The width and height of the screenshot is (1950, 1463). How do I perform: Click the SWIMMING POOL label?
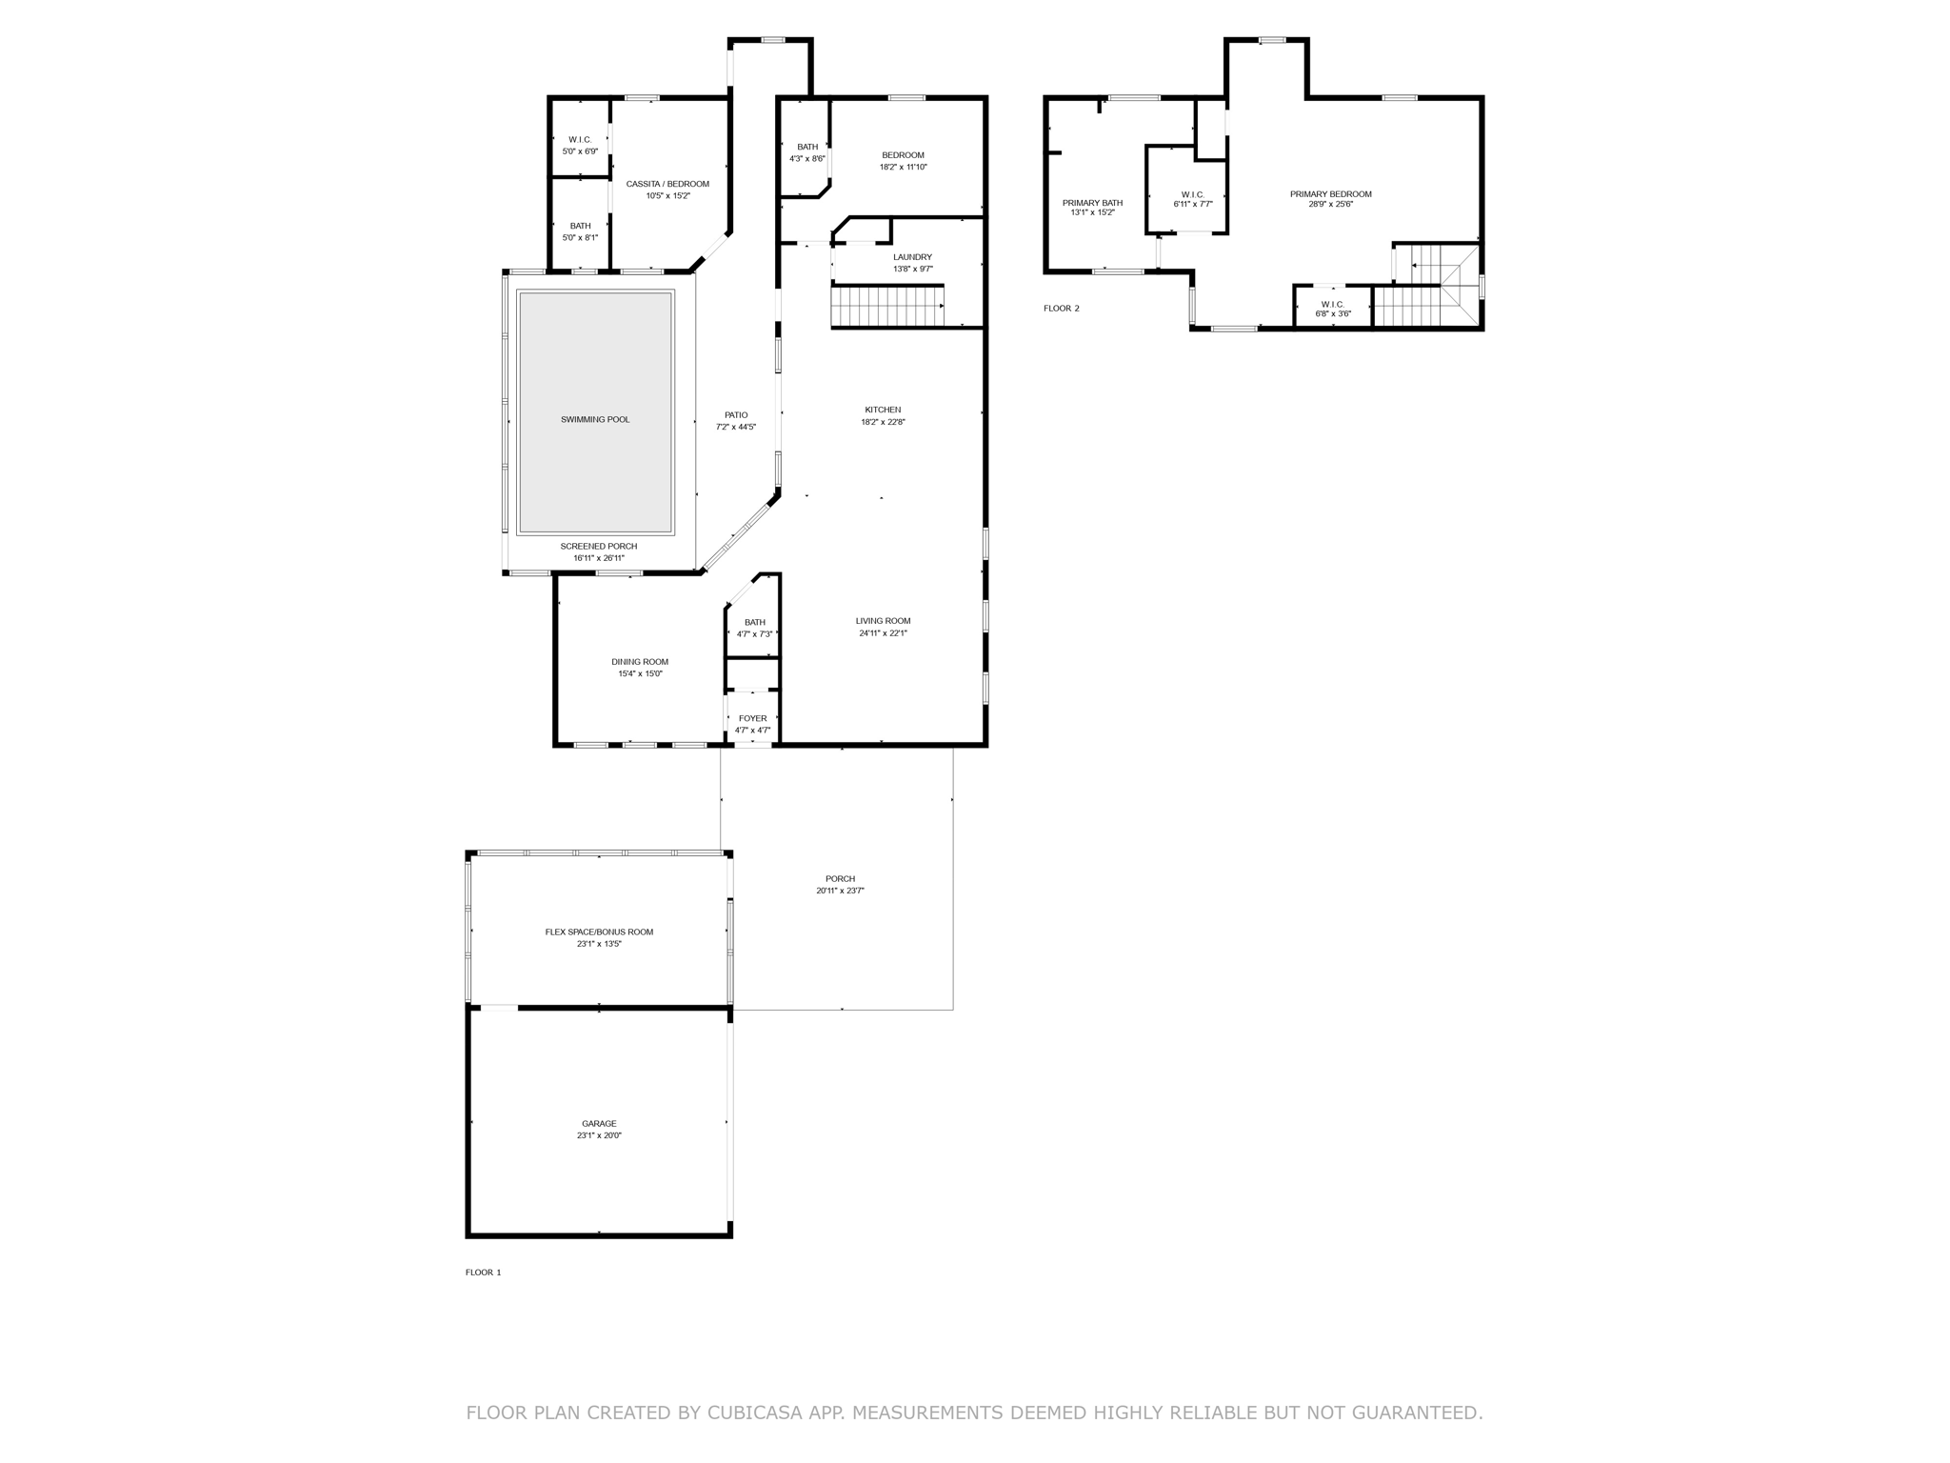point(595,420)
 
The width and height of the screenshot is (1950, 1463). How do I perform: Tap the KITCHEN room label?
point(883,411)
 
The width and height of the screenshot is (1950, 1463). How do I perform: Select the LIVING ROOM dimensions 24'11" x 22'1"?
point(883,633)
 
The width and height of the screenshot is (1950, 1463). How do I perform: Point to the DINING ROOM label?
point(640,662)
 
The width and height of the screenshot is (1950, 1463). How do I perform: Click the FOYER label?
point(752,719)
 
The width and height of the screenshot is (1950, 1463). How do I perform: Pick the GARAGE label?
point(599,1124)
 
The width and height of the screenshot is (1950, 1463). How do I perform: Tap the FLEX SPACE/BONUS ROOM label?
point(599,932)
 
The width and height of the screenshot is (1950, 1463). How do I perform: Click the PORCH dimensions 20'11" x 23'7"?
point(840,892)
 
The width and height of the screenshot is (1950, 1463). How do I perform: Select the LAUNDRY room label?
point(912,257)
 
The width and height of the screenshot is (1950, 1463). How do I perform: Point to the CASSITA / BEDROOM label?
point(667,185)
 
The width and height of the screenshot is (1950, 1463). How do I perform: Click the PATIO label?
point(736,415)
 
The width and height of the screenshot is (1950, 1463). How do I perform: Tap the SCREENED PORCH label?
point(599,547)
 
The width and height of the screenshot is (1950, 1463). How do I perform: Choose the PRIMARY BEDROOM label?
point(1331,194)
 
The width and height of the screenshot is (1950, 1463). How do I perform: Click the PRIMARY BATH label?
point(1092,203)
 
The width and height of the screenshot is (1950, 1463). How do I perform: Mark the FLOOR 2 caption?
point(1062,309)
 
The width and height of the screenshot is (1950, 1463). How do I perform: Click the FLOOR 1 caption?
point(483,1273)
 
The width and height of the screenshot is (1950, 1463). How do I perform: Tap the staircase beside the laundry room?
point(887,307)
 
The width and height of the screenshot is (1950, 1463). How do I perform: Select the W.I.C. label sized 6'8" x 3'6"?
point(1332,305)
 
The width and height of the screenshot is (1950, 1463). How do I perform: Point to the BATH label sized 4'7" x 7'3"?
point(755,623)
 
